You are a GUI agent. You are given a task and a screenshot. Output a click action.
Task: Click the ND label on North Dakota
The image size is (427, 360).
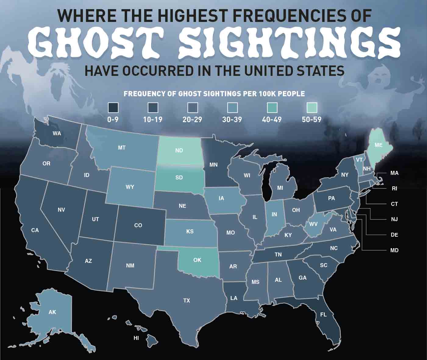click(179, 150)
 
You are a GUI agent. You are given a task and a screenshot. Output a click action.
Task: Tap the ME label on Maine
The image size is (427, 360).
click(378, 145)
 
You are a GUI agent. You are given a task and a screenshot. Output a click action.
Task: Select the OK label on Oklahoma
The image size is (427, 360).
click(197, 260)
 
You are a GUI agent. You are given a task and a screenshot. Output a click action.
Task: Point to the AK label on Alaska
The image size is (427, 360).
click(52, 312)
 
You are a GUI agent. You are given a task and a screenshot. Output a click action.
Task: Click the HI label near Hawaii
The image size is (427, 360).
click(136, 338)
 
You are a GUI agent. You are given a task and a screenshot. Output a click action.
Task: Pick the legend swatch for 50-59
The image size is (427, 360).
click(311, 108)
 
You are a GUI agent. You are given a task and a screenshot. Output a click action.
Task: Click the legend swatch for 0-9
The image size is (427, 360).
click(113, 108)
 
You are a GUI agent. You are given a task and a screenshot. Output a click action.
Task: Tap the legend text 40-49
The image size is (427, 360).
click(272, 120)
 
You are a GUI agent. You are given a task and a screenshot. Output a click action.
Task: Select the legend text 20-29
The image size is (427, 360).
click(192, 120)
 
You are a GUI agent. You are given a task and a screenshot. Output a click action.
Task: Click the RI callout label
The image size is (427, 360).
click(394, 189)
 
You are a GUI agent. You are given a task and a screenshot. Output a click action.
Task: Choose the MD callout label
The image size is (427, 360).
click(394, 250)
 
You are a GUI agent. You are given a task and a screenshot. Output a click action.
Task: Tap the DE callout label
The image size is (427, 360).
click(394, 235)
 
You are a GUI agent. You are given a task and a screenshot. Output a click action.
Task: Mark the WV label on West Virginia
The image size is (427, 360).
click(313, 224)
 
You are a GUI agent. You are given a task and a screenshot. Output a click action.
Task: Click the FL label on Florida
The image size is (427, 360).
click(323, 315)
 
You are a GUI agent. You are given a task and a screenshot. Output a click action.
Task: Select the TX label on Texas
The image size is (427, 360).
click(187, 301)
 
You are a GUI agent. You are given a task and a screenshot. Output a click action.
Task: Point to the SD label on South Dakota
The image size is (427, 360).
click(179, 178)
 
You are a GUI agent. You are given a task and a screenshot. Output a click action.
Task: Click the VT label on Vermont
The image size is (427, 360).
click(359, 160)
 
